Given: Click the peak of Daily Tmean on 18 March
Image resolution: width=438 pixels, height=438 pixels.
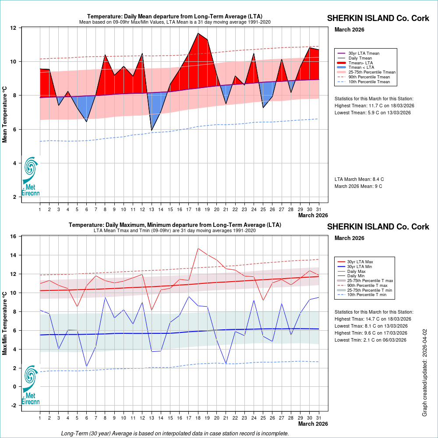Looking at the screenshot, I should [x=198, y=33].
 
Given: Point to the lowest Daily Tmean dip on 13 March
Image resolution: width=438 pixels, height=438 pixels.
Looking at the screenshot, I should [x=152, y=131].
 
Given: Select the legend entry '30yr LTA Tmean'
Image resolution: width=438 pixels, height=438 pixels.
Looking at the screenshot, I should [x=364, y=53].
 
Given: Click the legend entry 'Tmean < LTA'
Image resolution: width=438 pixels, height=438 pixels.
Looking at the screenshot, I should [x=361, y=67].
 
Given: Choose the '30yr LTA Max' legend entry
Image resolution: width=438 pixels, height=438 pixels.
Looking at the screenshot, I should [x=363, y=261].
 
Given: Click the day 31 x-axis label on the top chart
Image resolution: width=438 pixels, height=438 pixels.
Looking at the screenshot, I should [x=319, y=209].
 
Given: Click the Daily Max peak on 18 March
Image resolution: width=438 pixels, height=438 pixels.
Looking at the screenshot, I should [x=198, y=248].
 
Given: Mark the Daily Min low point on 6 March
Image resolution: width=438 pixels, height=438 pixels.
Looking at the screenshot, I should [x=86, y=367].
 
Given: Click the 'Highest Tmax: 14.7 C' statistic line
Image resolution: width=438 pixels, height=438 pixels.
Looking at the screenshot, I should [x=373, y=319].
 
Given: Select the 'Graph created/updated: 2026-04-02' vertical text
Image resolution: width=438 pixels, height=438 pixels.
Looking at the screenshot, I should [x=424, y=373].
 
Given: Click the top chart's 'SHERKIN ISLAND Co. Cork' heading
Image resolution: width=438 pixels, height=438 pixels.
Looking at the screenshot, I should [x=378, y=18].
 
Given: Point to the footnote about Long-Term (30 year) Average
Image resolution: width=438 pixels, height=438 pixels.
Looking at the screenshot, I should [x=175, y=434].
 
